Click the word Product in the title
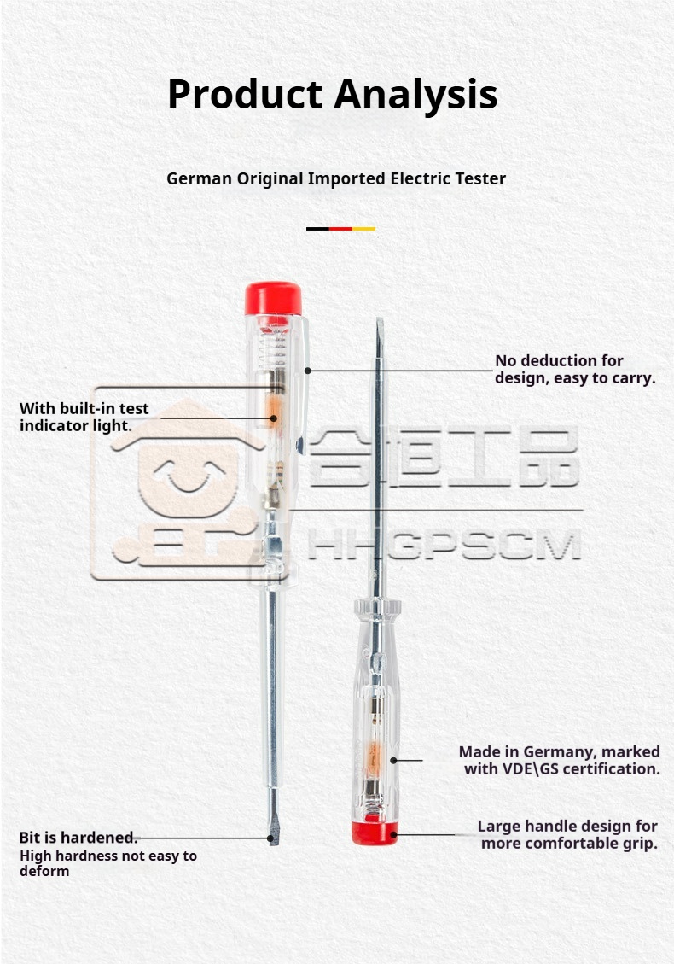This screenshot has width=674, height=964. [245, 96]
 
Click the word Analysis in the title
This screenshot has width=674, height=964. [416, 96]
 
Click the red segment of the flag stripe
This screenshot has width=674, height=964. [340, 229]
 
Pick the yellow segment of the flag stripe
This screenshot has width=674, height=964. [363, 229]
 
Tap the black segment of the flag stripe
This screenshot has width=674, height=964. [317, 229]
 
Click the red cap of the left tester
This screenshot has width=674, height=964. [273, 298]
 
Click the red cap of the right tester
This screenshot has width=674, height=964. [375, 832]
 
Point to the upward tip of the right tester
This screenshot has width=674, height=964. [380, 321]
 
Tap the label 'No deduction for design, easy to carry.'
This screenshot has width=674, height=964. [575, 370]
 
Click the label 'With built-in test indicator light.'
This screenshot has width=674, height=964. [84, 417]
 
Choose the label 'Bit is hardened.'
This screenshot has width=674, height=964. [78, 838]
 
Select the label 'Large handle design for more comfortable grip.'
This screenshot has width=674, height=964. [568, 834]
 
